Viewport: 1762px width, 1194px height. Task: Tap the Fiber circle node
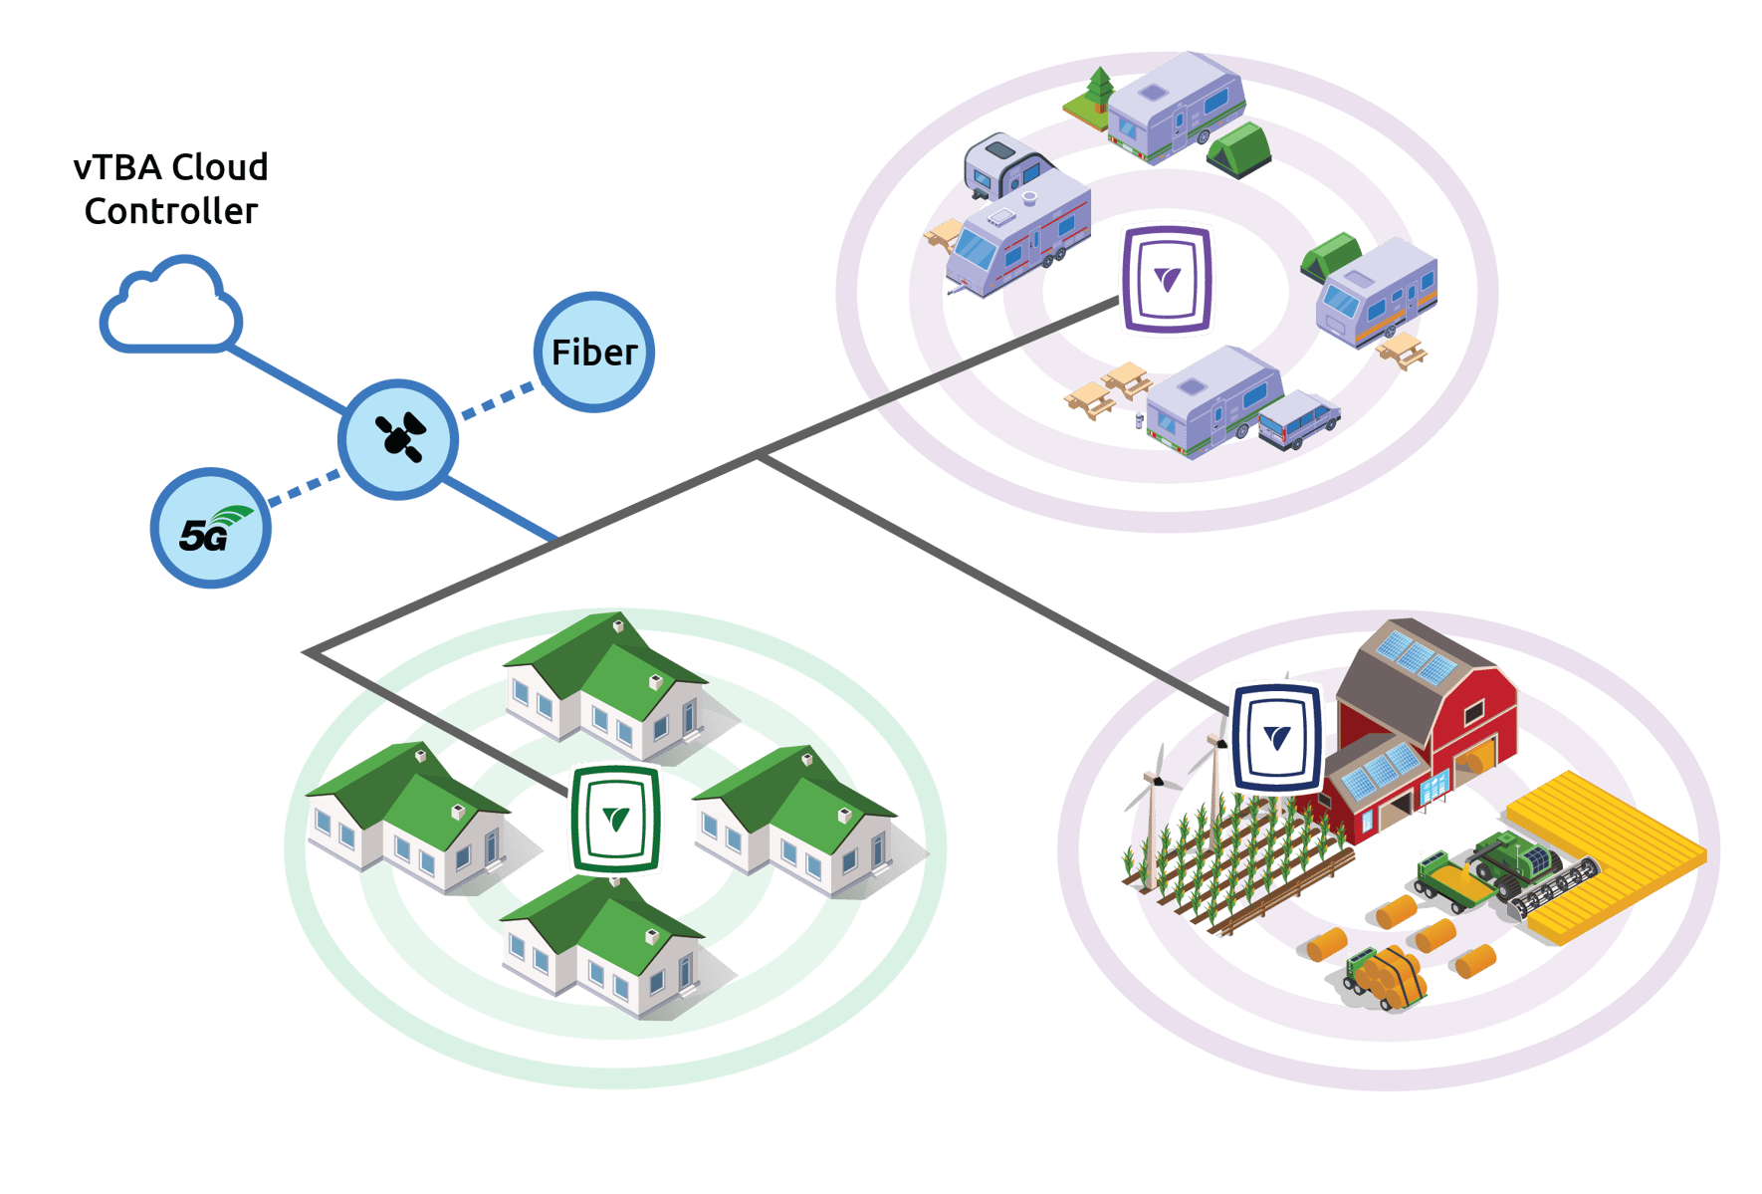click(x=594, y=353)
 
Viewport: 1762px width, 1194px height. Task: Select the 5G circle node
click(x=210, y=529)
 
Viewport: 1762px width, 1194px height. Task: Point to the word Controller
click(x=171, y=211)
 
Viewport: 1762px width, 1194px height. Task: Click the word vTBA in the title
click(x=117, y=167)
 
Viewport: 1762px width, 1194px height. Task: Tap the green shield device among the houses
click(x=615, y=819)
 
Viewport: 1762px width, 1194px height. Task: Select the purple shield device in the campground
click(x=1167, y=279)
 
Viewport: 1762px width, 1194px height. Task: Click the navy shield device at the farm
click(x=1277, y=737)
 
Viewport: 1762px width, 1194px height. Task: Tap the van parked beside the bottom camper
click(x=1299, y=418)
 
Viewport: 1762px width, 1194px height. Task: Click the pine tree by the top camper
click(x=1099, y=88)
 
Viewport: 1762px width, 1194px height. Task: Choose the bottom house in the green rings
click(x=602, y=946)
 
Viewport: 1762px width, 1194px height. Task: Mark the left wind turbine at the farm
click(x=1152, y=817)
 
